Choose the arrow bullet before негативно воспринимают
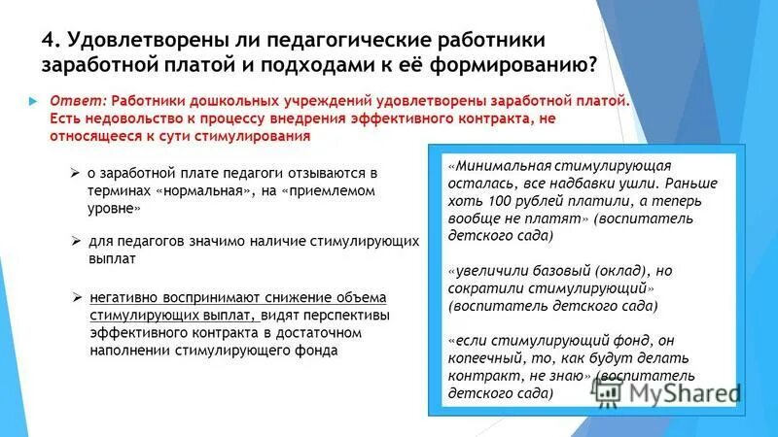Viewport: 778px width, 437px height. (78, 296)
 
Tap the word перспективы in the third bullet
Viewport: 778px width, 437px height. (347, 316)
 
